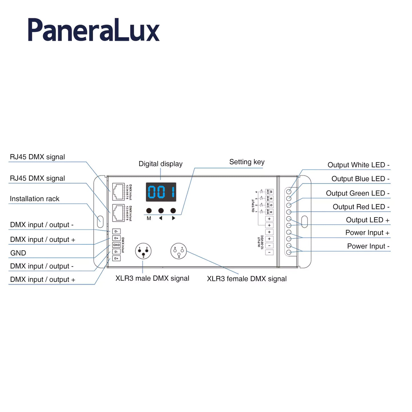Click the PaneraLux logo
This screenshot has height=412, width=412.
pyautogui.click(x=94, y=30)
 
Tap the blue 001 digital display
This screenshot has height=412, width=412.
pyautogui.click(x=161, y=192)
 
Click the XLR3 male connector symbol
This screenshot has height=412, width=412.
pyautogui.click(x=143, y=251)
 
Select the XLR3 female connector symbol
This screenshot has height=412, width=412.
pyautogui.click(x=178, y=251)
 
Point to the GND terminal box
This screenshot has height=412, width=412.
pyautogui.click(x=116, y=245)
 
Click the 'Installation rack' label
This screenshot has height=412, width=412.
pyautogui.click(x=34, y=199)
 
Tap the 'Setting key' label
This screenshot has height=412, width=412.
pyautogui.click(x=247, y=162)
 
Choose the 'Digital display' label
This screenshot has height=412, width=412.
pyautogui.click(x=161, y=164)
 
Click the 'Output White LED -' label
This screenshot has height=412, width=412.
pyautogui.click(x=358, y=165)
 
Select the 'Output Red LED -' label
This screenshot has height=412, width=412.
pyautogui.click(x=361, y=207)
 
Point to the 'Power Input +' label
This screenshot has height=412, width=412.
pyautogui.click(x=367, y=233)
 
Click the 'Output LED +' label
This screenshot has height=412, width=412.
pyautogui.click(x=368, y=220)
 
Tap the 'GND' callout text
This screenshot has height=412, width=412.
pyautogui.click(x=18, y=253)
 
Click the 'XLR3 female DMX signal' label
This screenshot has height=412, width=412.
pyautogui.click(x=247, y=279)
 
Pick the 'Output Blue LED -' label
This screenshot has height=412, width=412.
pyautogui.click(x=360, y=179)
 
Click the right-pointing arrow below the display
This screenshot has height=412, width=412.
pyautogui.click(x=173, y=218)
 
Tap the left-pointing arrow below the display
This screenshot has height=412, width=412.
pyautogui.click(x=161, y=218)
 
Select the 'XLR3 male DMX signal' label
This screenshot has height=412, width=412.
pyautogui.click(x=152, y=278)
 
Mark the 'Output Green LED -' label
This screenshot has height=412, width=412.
pyautogui.click(x=358, y=193)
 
